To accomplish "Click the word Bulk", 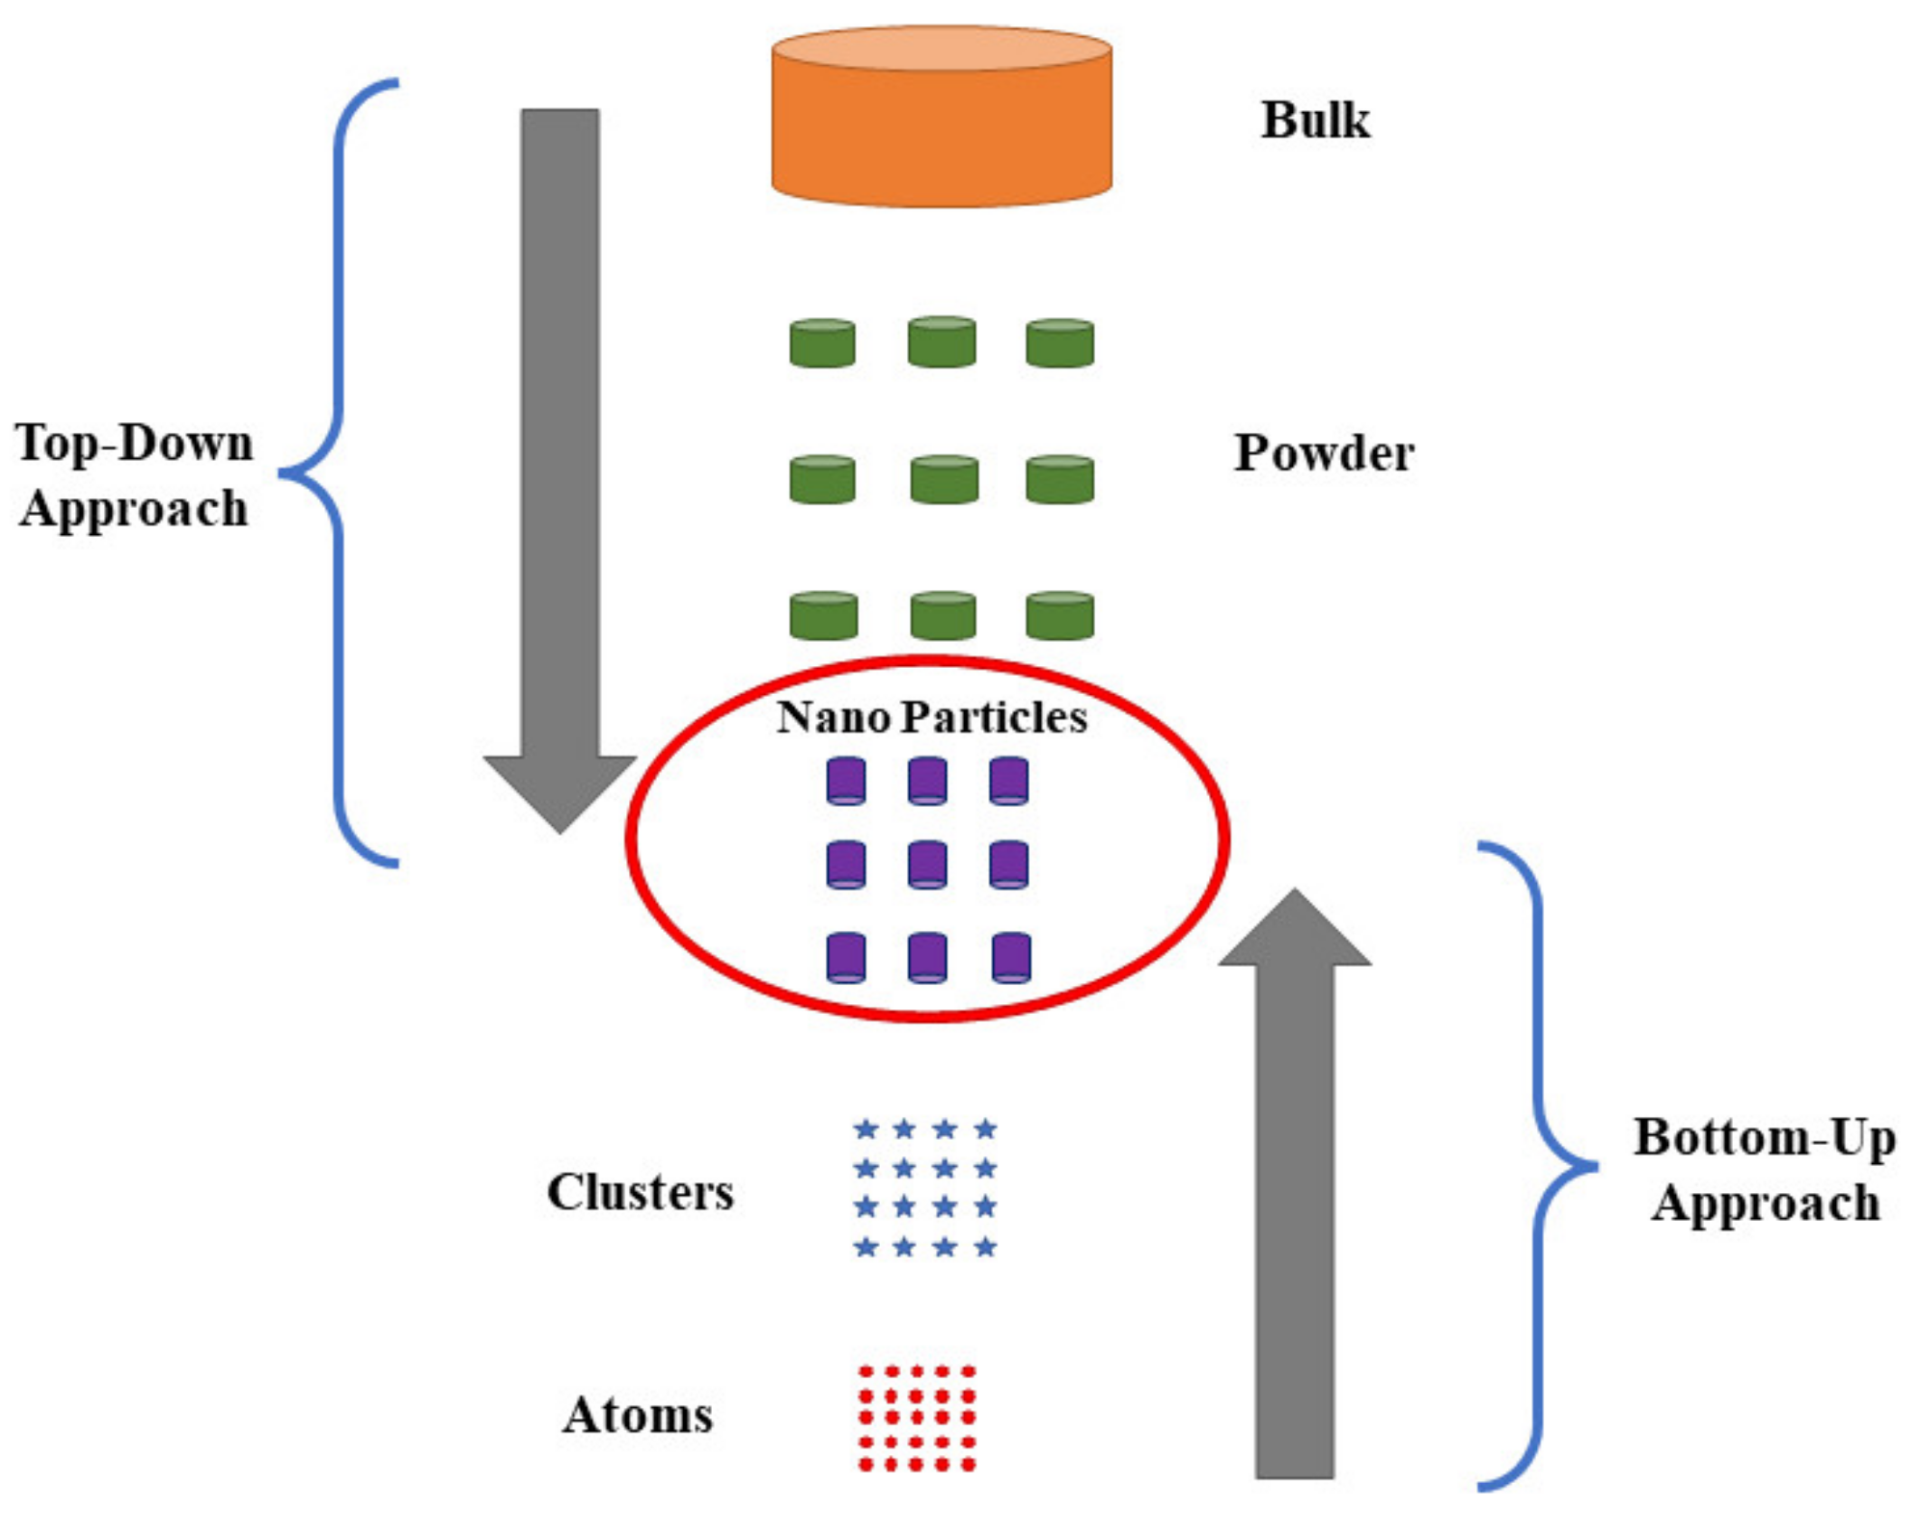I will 1315,120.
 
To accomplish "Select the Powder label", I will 1324,454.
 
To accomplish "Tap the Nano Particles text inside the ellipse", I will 932,717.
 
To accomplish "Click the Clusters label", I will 640,1192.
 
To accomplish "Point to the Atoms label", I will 638,1414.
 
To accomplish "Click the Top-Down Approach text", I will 133,475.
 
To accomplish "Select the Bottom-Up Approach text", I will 1764,1169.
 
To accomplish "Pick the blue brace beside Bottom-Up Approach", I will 1539,1166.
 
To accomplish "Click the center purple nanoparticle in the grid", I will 927,865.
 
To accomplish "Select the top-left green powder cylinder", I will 822,343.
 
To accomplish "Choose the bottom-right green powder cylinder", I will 1060,616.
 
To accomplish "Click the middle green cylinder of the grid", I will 944,480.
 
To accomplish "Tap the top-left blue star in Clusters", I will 866,1129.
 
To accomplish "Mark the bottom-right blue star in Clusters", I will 986,1248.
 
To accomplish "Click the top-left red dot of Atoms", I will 865,1372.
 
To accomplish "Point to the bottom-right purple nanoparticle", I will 1010,958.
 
